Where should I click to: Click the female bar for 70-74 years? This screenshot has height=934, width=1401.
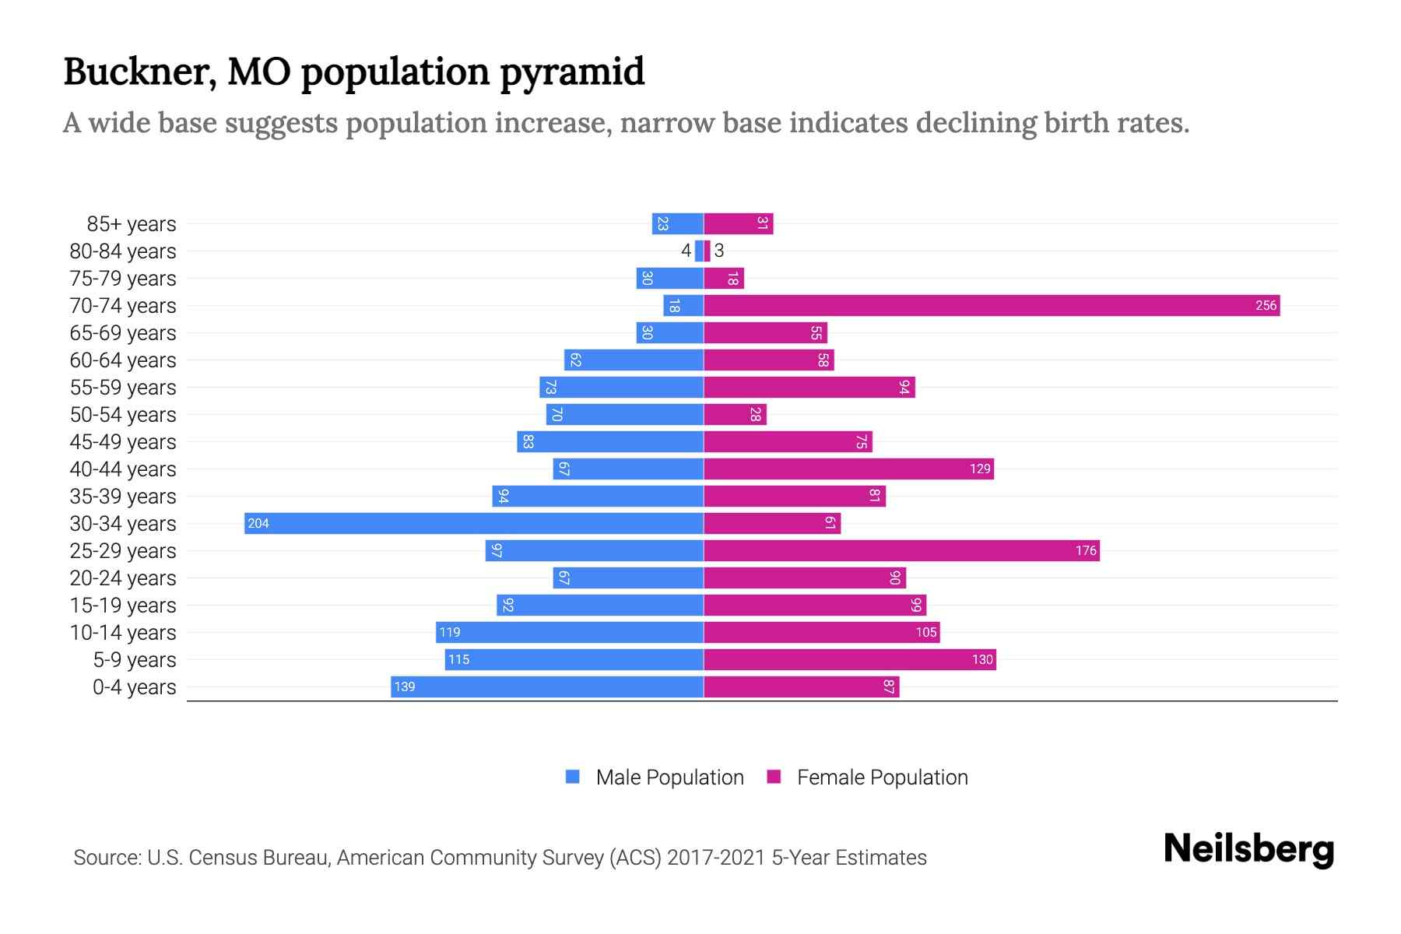tap(992, 306)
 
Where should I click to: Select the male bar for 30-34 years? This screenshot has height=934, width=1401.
tap(474, 523)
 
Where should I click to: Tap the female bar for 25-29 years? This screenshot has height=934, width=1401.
tap(901, 551)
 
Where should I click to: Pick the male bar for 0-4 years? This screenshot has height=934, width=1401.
tap(547, 686)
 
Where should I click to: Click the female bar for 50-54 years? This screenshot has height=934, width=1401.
tap(735, 415)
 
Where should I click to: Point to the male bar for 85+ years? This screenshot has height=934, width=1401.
tap(677, 224)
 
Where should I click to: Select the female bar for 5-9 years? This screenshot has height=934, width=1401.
tap(850, 660)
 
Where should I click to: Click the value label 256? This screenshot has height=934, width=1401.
tap(1266, 306)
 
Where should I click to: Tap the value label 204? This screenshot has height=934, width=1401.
tap(258, 524)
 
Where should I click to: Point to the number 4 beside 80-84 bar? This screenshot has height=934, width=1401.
tap(686, 251)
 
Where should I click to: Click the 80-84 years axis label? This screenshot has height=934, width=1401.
tap(123, 251)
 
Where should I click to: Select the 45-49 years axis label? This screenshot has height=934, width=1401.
tap(123, 442)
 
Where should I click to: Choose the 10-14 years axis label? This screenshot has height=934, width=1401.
tap(123, 633)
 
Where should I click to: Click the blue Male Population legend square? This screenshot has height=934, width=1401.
tap(573, 777)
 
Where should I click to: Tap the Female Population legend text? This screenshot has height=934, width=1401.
tap(882, 778)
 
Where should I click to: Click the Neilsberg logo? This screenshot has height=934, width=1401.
tap(1248, 849)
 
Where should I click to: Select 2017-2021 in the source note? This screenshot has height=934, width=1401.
tap(715, 858)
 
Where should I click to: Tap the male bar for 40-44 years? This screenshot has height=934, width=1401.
tap(628, 469)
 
